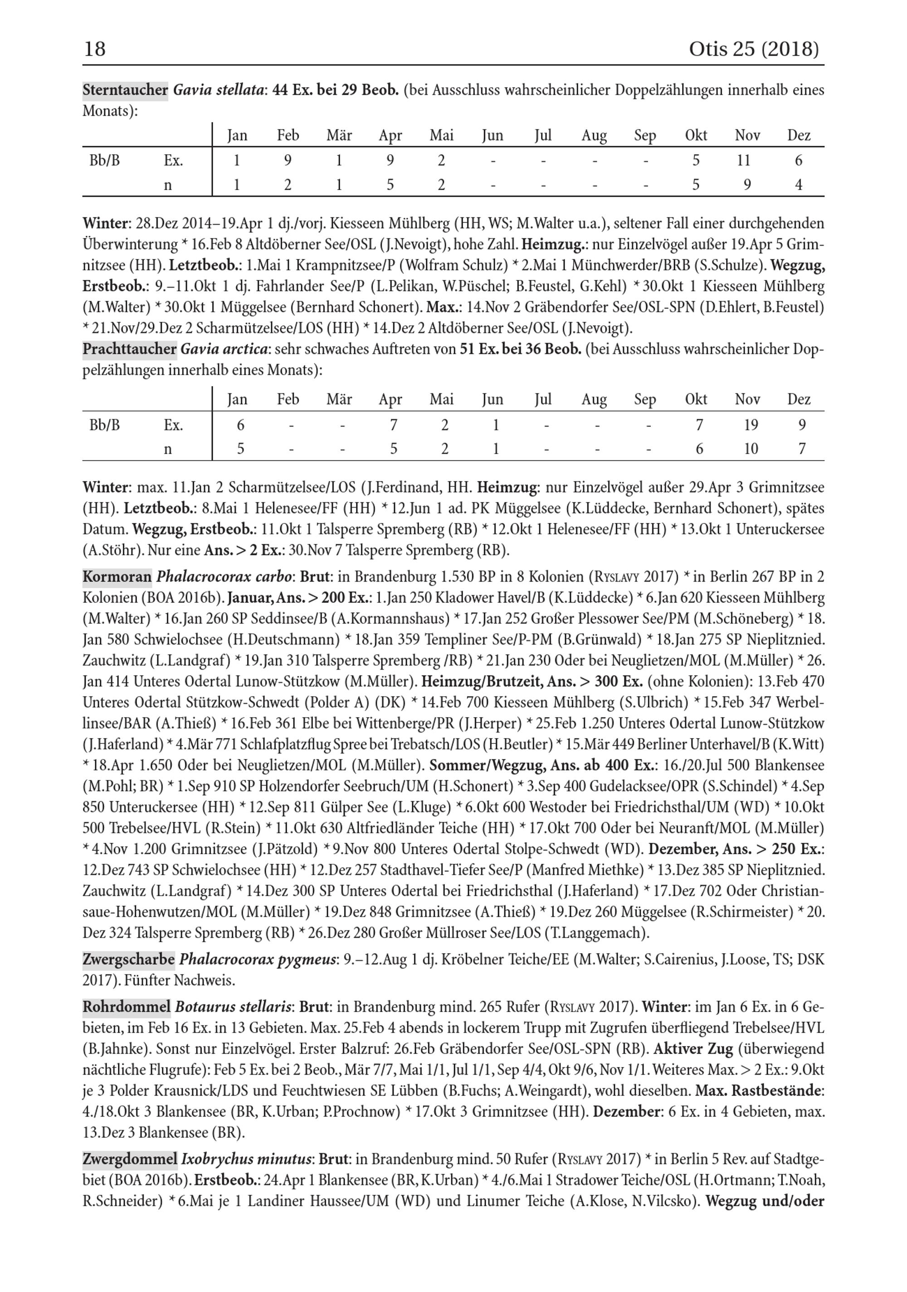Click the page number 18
(x=94, y=49)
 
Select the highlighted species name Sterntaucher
(x=125, y=90)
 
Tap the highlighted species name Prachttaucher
(x=129, y=349)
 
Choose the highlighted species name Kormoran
(x=117, y=577)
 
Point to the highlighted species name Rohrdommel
(x=127, y=1007)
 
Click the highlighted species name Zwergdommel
(x=129, y=1160)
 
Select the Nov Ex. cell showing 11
(x=743, y=161)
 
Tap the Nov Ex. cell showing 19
(x=751, y=425)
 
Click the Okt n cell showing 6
(x=699, y=449)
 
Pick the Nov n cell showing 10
(x=751, y=449)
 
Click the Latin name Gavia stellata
(x=219, y=90)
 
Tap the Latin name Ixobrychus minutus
(x=246, y=1160)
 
